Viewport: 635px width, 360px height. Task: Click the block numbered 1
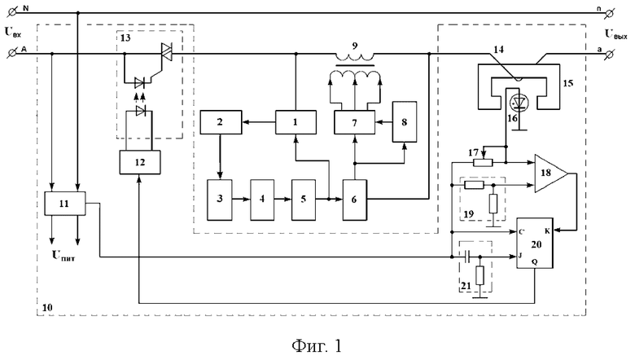click(x=296, y=122)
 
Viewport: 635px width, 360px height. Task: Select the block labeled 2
click(x=221, y=122)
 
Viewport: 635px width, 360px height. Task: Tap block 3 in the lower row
click(x=220, y=200)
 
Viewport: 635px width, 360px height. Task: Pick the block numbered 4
click(x=262, y=200)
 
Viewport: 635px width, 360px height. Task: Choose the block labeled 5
click(x=304, y=200)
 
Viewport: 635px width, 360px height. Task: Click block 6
click(x=355, y=200)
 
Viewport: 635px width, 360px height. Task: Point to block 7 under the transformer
click(x=354, y=122)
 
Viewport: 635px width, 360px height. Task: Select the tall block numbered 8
click(x=405, y=122)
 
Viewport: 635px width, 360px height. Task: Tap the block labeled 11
click(x=65, y=204)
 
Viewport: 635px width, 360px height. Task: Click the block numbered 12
click(x=140, y=162)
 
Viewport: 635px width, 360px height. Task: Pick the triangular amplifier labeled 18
click(x=551, y=173)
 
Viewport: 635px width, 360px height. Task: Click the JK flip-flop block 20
click(x=535, y=243)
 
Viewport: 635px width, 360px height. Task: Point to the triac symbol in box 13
click(x=166, y=52)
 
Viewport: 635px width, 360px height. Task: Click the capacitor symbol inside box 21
click(x=466, y=257)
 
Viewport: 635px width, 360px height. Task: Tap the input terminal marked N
click(x=12, y=12)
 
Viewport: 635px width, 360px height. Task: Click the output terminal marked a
click(x=609, y=54)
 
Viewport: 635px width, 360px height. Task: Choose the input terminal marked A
click(x=12, y=53)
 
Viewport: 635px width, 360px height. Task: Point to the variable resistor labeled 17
click(x=483, y=162)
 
